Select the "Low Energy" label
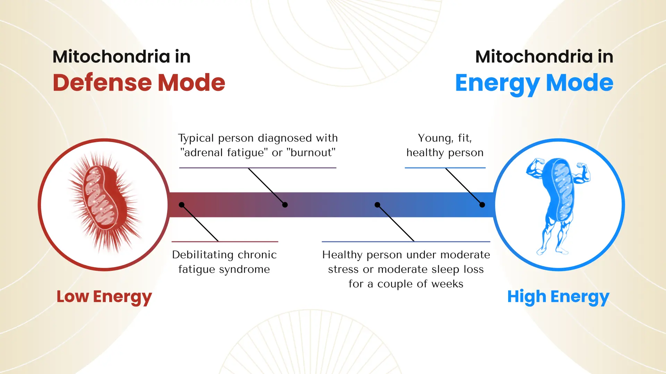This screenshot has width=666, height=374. pos(104,297)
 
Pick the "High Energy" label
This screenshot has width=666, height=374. pos(558,297)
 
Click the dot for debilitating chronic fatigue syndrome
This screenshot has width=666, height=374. pos(181,205)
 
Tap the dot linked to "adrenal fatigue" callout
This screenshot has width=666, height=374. pos(285,205)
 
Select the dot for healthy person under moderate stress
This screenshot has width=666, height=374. pos(377,205)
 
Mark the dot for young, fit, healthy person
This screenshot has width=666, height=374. pos(482,205)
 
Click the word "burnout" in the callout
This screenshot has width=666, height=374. pos(311,152)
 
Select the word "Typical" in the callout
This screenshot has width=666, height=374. pos(196,139)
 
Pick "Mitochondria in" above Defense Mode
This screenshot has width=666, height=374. pos(121,56)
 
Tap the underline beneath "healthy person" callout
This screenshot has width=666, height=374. pos(445,168)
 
